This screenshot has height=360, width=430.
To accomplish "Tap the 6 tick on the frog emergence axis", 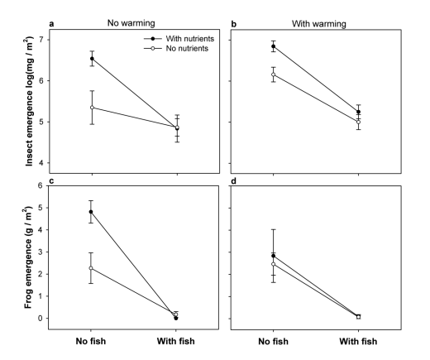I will pyautogui.click(x=46, y=185).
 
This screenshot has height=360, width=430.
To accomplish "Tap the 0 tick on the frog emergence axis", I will pyautogui.click(x=46, y=319).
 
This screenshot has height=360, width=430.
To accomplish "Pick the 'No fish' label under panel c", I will pyautogui.click(x=91, y=341).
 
